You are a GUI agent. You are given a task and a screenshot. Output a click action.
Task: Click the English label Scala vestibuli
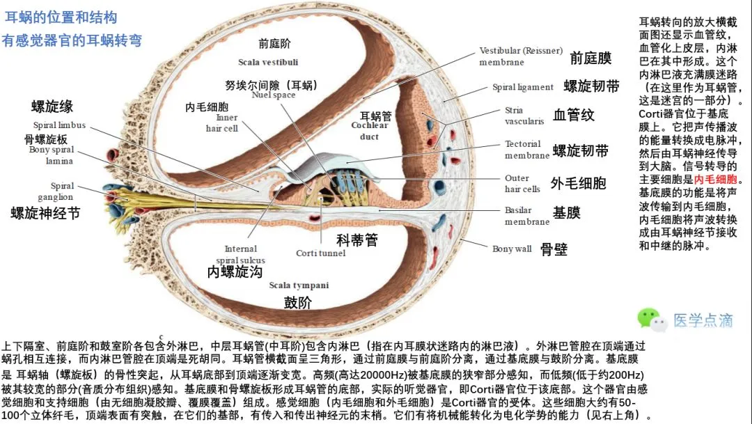268,62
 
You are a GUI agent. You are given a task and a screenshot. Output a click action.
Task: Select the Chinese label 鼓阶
297,302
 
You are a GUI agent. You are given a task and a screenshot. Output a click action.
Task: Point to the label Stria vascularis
524,116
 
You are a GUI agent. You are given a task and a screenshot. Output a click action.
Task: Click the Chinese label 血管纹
574,115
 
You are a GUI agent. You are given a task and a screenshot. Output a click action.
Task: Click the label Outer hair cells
522,184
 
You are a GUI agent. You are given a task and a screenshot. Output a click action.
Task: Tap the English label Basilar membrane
527,216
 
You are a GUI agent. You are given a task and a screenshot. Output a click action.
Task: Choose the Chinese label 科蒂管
357,240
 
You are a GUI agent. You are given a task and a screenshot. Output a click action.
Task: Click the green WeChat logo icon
649,320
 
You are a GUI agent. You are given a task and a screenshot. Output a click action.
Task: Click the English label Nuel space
274,95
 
